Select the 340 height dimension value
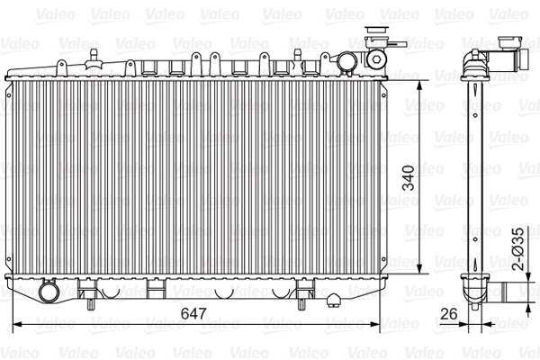[410, 181]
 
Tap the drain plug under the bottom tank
[333, 300]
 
